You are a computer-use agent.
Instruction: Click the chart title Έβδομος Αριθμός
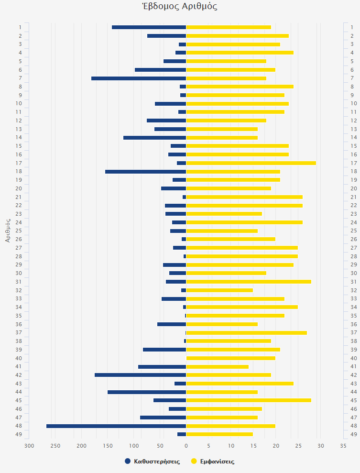180,6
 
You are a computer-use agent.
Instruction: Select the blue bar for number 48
116,426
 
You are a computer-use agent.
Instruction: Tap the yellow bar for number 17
251,163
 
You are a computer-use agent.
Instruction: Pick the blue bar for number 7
139,78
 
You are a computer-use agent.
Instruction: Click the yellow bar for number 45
249,400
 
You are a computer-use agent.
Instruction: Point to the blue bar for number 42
140,375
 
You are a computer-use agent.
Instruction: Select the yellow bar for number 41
218,366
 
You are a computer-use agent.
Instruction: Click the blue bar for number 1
149,27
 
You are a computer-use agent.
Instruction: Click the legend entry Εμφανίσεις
213,462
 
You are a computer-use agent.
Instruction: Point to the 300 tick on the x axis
29,446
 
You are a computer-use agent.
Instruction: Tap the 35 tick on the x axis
343,446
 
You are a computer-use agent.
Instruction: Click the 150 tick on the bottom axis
108,446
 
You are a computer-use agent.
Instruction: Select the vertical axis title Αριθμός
8,231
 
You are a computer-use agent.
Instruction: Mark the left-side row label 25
19,231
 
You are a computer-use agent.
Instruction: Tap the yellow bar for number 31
249,282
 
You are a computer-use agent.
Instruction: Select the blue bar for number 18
145,171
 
